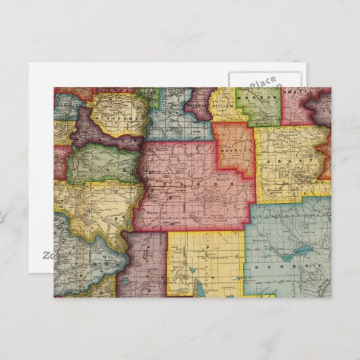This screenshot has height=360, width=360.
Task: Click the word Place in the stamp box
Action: tap(262, 82)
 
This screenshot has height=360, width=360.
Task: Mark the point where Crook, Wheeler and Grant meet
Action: tap(254, 178)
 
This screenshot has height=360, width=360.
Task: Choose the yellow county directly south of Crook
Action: tap(204, 262)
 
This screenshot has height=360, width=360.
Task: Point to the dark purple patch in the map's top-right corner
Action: tap(319, 102)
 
